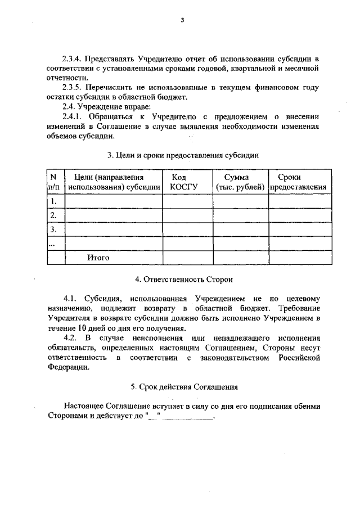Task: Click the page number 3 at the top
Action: point(182,21)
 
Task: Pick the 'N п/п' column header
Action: point(56,182)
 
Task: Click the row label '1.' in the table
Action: point(54,201)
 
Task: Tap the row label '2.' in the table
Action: point(54,215)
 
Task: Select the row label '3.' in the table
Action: point(54,229)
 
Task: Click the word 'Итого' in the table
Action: point(98,258)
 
